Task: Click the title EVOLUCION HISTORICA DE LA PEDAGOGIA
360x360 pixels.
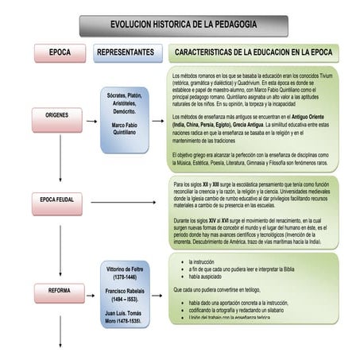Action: click(184, 25)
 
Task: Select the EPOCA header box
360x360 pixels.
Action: click(60, 52)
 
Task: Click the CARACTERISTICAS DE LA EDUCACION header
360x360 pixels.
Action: click(253, 52)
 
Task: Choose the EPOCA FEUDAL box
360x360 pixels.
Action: click(57, 199)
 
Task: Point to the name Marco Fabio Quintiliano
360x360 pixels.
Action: click(128, 130)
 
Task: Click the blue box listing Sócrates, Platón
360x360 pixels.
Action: click(128, 119)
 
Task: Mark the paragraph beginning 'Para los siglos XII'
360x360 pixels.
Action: click(253, 195)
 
